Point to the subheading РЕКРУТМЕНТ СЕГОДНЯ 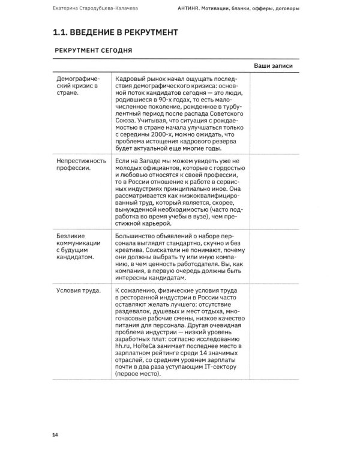pyautogui.click(x=94, y=52)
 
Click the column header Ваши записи pyautogui.click(x=273, y=65)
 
